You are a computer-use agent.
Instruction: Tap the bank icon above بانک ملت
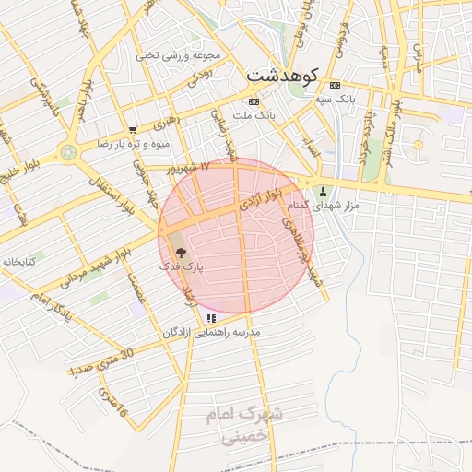(x=254, y=101)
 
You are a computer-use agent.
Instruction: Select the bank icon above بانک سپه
(x=334, y=84)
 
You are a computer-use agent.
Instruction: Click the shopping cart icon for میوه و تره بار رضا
(x=134, y=130)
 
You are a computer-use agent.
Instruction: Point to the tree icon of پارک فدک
(x=179, y=251)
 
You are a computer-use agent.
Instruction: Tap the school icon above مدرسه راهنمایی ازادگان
(x=211, y=318)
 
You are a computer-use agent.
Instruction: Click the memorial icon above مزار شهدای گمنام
(x=323, y=192)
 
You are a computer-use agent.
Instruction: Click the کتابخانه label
(x=18, y=262)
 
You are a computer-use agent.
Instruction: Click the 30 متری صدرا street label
(x=101, y=361)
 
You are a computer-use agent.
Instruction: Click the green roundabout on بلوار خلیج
(x=67, y=152)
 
